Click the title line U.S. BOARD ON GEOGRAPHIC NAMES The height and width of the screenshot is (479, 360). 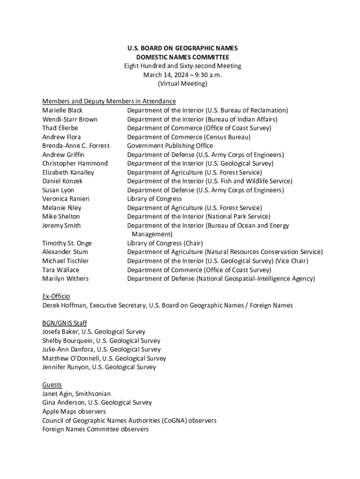click(182, 48)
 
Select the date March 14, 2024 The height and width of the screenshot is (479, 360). click(162, 75)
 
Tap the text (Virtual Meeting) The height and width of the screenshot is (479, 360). click(182, 84)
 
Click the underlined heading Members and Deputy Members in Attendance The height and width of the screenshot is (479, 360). click(109, 102)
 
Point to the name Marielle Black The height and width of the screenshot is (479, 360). click(62, 110)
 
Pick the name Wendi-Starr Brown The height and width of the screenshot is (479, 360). click(70, 119)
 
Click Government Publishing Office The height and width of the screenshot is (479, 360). click(170, 146)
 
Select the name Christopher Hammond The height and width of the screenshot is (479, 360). click(75, 164)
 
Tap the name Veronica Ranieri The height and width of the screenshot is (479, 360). click(65, 199)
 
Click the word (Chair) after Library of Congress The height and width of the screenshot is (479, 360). click(193, 243)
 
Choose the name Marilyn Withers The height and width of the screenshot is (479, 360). click(65, 279)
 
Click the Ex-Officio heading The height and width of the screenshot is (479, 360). click(56, 297)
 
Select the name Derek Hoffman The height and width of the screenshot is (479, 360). click(64, 305)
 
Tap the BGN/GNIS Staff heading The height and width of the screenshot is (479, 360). click(65, 323)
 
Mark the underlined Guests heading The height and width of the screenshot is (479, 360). click(52, 385)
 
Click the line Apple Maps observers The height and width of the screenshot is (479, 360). click(74, 412)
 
